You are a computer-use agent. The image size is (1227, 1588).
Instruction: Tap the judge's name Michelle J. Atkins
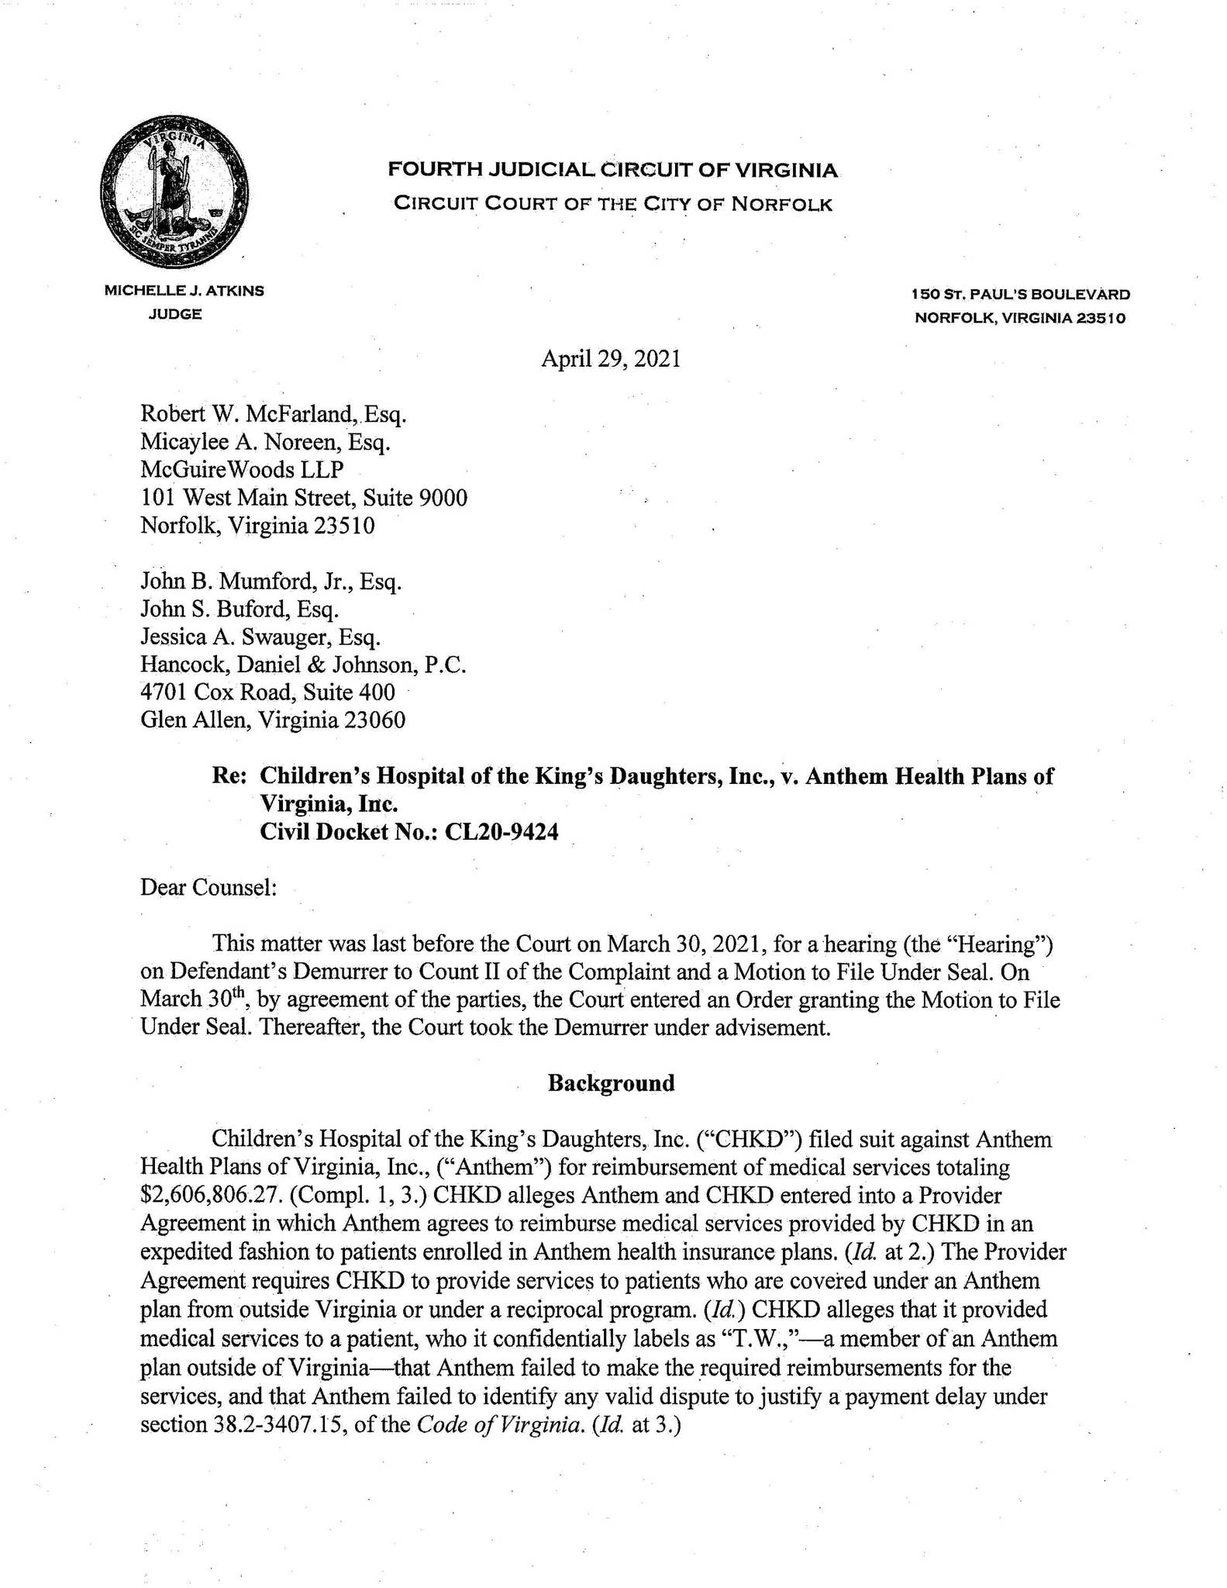click(184, 292)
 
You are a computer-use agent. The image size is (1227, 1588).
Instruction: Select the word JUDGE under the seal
click(175, 314)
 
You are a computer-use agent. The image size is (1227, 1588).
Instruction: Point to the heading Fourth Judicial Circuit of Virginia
click(612, 170)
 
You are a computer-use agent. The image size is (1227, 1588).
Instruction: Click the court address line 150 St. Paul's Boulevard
click(1020, 295)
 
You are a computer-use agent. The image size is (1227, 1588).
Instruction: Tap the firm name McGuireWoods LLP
click(242, 470)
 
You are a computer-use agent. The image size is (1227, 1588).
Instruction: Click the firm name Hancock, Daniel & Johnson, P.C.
click(303, 665)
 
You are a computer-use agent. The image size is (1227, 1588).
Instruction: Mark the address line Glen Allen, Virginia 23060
click(273, 720)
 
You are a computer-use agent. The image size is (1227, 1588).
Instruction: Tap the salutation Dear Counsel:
click(209, 887)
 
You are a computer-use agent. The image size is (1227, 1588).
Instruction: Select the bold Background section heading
click(611, 1083)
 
